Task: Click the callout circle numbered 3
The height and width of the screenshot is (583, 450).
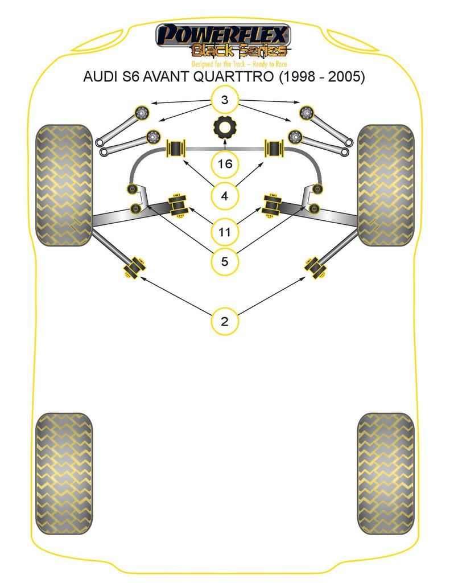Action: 225,100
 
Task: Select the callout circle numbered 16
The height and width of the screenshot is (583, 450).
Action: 225,164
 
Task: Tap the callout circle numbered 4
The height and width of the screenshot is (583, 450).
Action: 225,196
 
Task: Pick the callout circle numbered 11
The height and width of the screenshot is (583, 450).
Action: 225,232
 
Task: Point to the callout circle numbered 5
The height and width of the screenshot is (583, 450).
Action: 225,262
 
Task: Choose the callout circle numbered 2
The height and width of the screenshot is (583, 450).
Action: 225,321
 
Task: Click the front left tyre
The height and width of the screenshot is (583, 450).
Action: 64,185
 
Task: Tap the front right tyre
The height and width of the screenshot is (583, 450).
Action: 386,185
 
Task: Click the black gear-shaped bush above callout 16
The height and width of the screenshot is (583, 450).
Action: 225,127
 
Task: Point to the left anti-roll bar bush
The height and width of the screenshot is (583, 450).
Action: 176,149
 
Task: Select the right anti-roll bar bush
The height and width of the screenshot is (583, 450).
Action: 275,149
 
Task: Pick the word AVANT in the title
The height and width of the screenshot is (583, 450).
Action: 166,77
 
